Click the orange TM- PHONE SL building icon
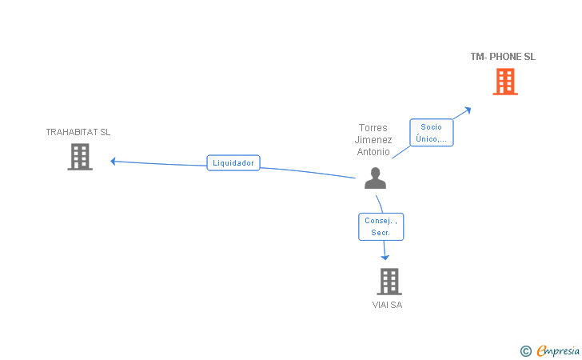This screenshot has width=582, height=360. [x=504, y=82]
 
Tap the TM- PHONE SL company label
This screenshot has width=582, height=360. [x=503, y=57]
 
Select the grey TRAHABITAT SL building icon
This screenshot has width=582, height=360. [x=79, y=157]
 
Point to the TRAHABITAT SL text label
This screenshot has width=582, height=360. [x=78, y=132]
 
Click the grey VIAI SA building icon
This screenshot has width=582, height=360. [x=389, y=281]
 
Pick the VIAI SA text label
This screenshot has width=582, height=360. [x=387, y=305]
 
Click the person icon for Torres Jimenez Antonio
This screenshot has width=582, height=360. [x=375, y=178]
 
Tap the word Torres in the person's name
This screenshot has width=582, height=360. [x=373, y=128]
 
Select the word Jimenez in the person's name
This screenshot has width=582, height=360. [x=373, y=140]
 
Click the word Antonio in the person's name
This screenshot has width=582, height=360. [x=373, y=151]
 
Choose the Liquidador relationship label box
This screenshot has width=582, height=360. [x=233, y=162]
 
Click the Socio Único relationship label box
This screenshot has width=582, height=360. [x=432, y=133]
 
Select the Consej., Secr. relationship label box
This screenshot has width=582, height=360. [x=381, y=226]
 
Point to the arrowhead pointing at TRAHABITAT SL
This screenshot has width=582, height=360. [x=114, y=161]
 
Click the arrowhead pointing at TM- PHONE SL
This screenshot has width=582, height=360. [x=468, y=109]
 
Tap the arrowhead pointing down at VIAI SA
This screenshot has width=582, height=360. [x=385, y=257]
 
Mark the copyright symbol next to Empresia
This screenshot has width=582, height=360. [x=525, y=350]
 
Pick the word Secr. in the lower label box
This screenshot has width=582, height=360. [x=380, y=233]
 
